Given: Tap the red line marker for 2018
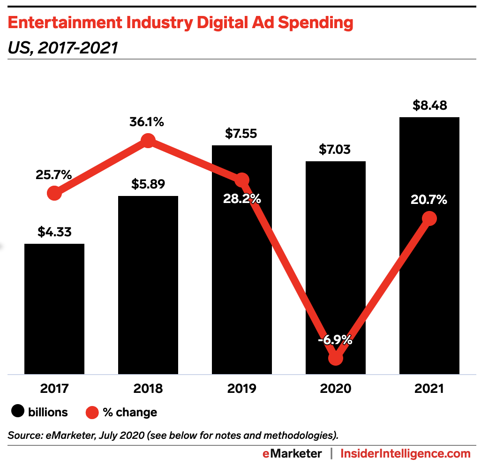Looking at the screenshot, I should click(148, 140).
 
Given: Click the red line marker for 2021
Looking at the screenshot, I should click(429, 218).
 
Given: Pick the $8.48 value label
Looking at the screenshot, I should click(429, 105).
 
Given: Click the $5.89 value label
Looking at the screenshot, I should click(148, 184).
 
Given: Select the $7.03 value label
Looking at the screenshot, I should click(335, 150).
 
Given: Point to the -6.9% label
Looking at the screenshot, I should click(335, 340).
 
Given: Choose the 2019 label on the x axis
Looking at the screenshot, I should click(242, 389).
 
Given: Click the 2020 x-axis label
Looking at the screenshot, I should click(336, 389).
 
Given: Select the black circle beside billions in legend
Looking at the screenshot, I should click(18, 413).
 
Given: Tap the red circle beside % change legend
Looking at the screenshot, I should click(92, 413).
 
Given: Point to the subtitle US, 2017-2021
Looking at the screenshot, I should click(62, 47).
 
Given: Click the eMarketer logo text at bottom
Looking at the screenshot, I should click(292, 453).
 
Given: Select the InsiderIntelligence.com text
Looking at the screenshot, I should click(405, 453).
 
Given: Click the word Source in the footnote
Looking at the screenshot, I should click(23, 435).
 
